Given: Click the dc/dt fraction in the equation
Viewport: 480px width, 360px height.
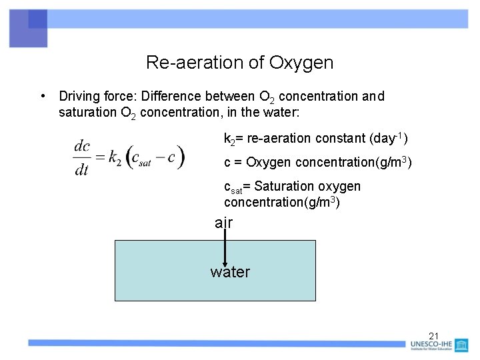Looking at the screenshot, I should point(82,158).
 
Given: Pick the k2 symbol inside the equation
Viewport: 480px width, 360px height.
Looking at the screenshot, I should point(114,158).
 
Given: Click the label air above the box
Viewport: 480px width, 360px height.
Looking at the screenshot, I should point(224,223).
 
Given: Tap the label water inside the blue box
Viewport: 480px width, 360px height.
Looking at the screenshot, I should point(230,272).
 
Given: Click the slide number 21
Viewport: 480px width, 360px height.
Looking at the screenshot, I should point(435,335).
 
